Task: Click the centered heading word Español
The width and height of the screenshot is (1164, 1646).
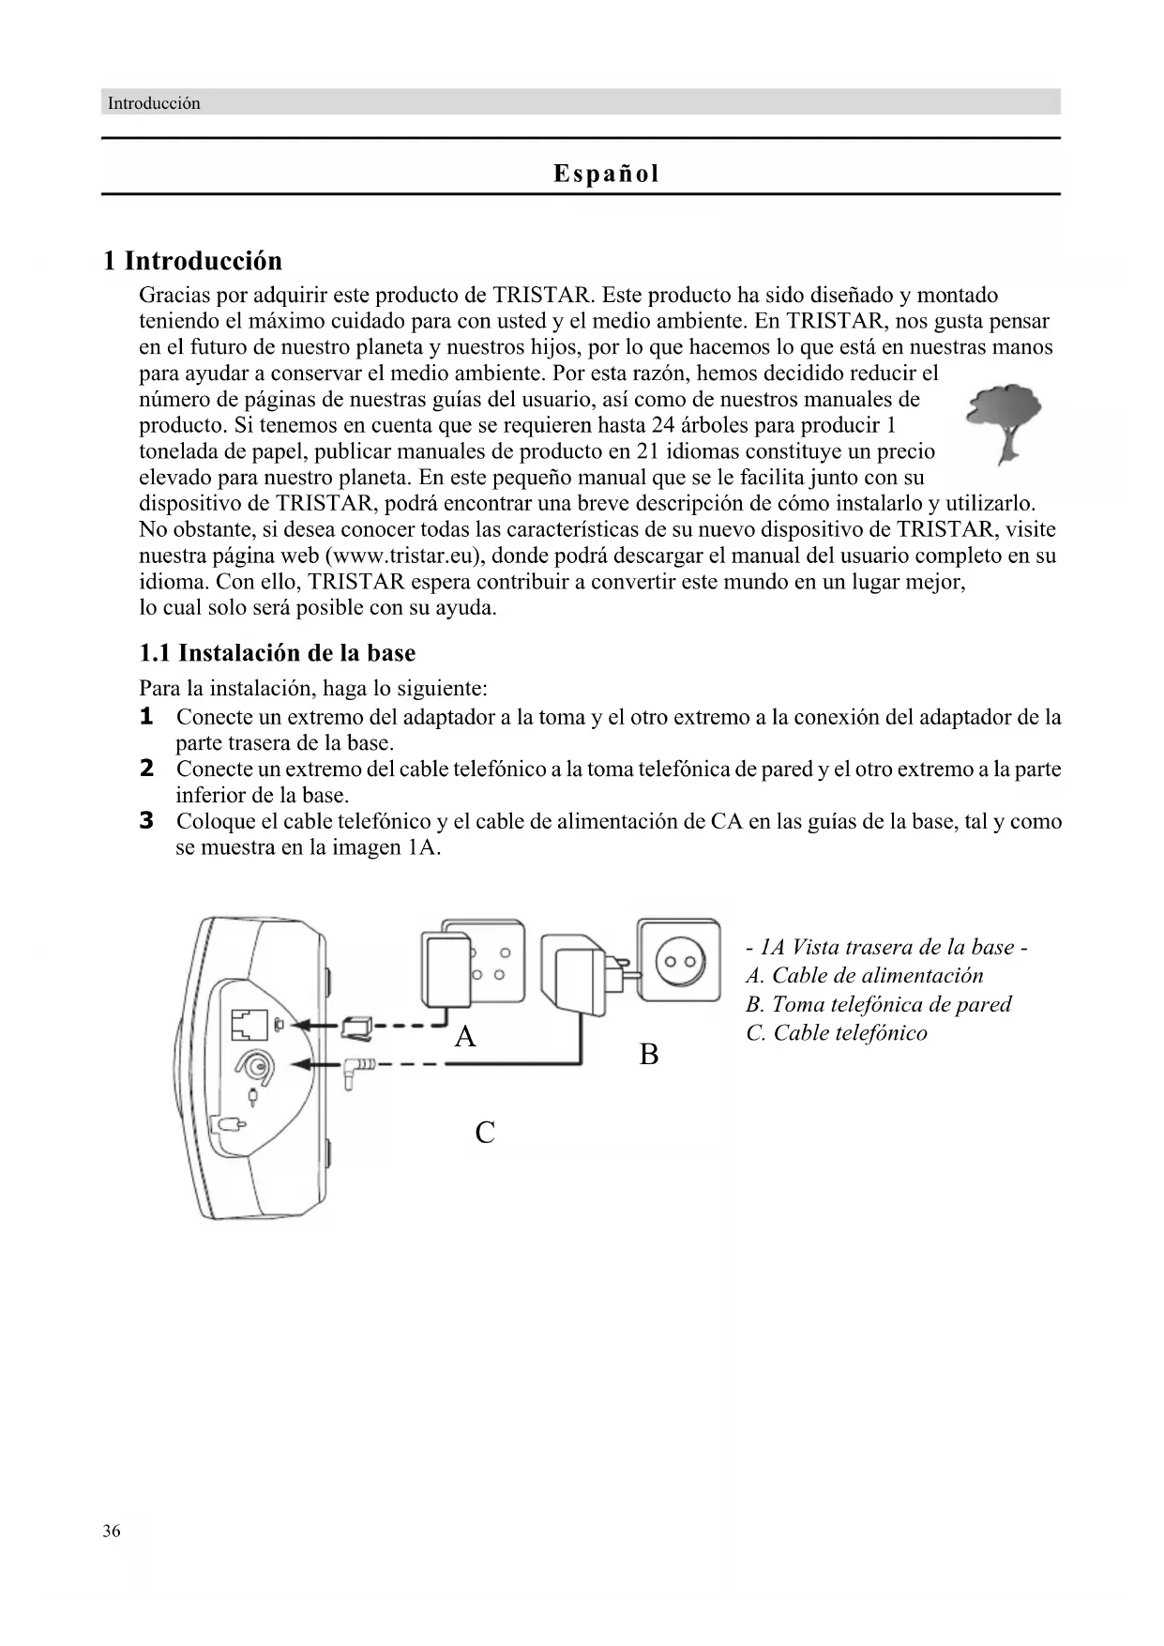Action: (x=606, y=174)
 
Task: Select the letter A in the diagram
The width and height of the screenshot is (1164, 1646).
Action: (x=465, y=1037)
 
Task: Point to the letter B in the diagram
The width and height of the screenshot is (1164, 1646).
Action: (x=649, y=1055)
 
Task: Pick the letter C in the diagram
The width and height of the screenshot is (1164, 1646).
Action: (x=485, y=1133)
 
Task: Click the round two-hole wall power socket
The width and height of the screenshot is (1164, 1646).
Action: (x=680, y=963)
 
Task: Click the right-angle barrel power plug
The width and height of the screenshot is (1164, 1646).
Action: (x=359, y=1071)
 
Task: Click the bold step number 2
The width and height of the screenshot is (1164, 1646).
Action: (x=146, y=769)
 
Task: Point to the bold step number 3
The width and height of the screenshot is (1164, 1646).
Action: (x=146, y=821)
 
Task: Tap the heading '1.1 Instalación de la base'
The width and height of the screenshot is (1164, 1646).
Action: (x=278, y=653)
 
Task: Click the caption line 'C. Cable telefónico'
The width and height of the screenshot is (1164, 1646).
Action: (x=837, y=1033)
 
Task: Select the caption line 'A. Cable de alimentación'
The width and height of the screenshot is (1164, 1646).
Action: (x=865, y=976)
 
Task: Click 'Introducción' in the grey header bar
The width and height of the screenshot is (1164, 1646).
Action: (x=154, y=103)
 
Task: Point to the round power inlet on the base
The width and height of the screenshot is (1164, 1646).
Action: (x=255, y=1066)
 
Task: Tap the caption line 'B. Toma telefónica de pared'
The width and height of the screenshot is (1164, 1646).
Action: (x=879, y=1005)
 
